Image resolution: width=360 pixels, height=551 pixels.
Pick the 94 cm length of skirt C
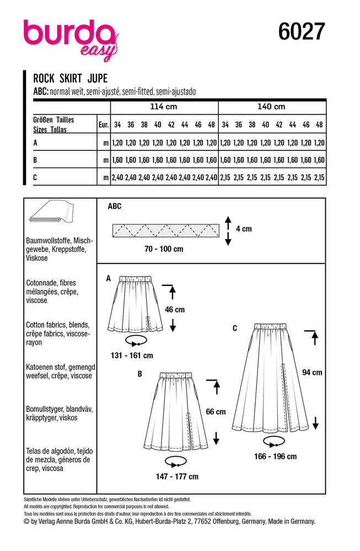tap(313, 372)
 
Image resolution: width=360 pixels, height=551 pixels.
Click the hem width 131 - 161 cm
tap(133, 355)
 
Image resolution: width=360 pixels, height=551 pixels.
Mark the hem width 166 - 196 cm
tap(276, 456)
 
